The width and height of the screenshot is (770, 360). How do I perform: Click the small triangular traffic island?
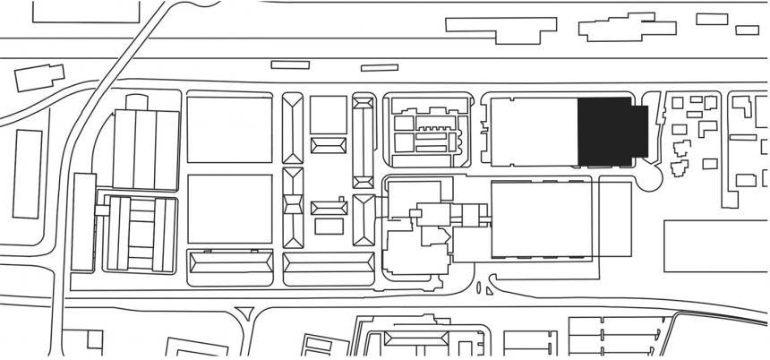pos(244,313)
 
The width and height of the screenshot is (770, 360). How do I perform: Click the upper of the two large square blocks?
pos(229,130)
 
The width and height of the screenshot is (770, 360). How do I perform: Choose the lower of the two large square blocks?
pos(229,209)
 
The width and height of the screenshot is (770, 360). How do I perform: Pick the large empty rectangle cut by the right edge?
pos(716,245)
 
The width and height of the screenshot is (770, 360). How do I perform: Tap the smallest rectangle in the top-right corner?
pos(747,30)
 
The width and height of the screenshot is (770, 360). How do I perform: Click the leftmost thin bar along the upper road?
pos(289,64)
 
